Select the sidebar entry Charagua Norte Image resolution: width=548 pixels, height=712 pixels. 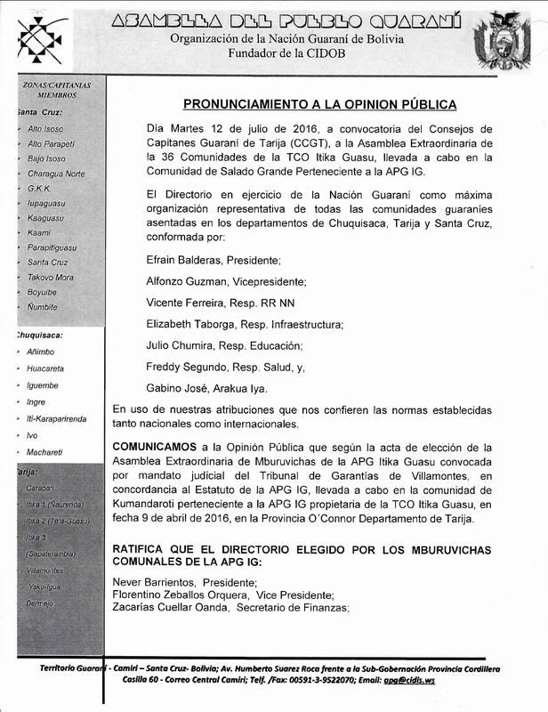coord(56,173)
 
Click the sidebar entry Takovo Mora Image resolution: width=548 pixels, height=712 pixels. coord(51,278)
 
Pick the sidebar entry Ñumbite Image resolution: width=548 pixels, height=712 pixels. coord(43,306)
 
